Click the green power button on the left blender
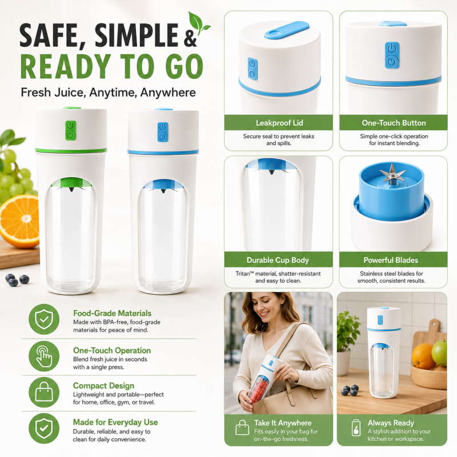tap(70, 131)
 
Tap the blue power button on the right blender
tap(163, 132)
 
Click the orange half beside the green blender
tap(20, 222)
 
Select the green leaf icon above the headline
tap(198, 23)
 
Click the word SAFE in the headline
tap(53, 35)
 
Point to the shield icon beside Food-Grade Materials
tap(44, 319)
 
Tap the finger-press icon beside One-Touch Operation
tap(44, 356)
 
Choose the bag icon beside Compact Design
tap(44, 392)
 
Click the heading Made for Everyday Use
tap(115, 422)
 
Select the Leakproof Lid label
tap(279, 123)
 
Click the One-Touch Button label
tap(394, 123)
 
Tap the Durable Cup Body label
tap(278, 260)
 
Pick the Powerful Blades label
tap(391, 260)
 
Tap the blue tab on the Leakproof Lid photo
tap(287, 30)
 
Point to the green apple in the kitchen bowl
tap(439, 353)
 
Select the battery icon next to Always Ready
tap(356, 427)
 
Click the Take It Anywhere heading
tap(283, 423)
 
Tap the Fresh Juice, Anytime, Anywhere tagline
tap(108, 93)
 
